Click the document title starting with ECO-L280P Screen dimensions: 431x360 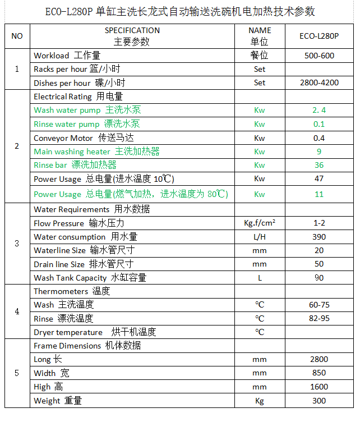180,11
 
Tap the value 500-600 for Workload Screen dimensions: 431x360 319,56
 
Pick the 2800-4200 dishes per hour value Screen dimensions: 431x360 319,82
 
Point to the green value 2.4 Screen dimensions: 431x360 319,110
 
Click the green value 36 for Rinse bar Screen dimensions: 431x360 319,165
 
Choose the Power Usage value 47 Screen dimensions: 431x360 319,179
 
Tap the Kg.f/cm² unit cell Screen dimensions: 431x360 259,223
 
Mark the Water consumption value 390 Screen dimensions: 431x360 319,237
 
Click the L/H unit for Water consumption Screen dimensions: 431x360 259,237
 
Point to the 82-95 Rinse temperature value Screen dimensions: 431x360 319,318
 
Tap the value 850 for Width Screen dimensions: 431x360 319,373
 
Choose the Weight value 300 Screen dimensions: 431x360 319,401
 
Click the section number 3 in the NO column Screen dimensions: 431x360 17,244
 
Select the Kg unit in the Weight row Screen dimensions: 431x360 259,401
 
